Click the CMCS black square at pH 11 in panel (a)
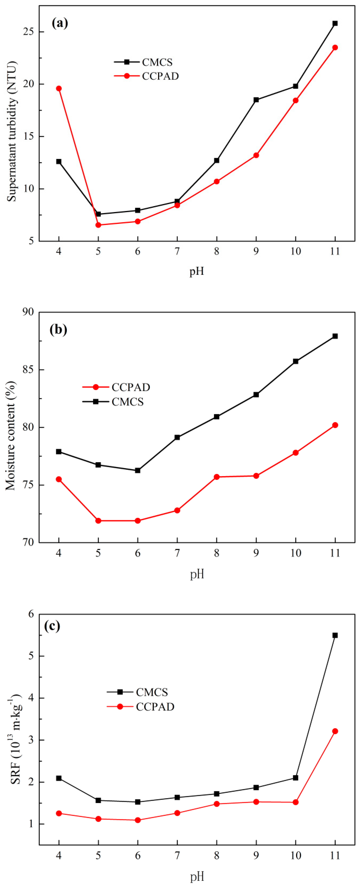click(x=335, y=23)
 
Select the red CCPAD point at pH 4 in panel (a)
click(x=59, y=88)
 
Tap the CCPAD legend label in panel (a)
click(x=160, y=76)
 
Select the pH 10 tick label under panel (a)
click(x=295, y=251)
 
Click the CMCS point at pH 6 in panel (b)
click(x=138, y=470)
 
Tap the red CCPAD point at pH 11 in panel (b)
click(x=335, y=425)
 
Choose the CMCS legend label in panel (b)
click(x=128, y=402)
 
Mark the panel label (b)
click(x=58, y=330)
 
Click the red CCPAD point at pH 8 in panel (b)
click(x=217, y=477)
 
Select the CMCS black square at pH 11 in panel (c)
click(x=335, y=635)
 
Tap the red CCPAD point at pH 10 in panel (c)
click(x=295, y=802)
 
